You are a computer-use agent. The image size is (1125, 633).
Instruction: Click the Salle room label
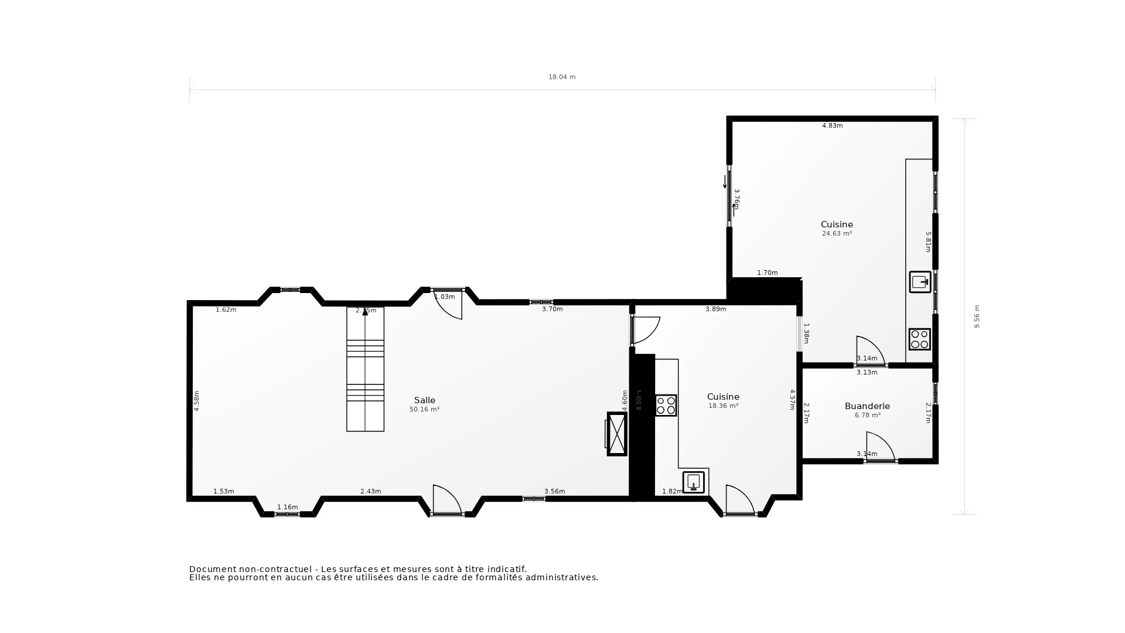424,400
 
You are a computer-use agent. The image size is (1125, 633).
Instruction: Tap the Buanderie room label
867,406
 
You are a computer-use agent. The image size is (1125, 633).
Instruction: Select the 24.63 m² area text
837,233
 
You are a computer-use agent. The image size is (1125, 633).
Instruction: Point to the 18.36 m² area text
723,406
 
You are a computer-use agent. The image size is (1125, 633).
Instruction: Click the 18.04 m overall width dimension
561,77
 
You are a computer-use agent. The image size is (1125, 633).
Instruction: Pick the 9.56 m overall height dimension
977,316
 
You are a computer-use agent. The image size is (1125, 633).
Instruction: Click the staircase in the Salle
365,369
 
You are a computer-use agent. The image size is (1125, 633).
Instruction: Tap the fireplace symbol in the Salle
616,434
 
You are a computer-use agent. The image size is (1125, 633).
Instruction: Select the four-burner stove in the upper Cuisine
919,339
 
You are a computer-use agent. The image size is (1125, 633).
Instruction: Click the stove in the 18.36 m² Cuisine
666,406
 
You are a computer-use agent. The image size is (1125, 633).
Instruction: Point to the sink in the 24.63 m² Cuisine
920,282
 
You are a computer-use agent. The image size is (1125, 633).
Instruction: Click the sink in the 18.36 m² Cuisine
694,482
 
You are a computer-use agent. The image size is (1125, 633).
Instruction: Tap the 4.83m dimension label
832,125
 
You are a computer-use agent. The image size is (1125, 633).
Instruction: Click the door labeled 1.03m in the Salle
448,304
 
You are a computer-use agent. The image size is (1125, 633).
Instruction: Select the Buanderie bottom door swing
880,447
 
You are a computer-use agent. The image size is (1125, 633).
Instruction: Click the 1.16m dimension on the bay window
287,507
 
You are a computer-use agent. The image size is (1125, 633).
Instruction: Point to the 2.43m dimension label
370,491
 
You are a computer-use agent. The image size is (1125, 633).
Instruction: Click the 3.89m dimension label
715,309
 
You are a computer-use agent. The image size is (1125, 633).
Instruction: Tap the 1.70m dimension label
767,273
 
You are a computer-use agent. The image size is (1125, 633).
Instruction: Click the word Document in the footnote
213,569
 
